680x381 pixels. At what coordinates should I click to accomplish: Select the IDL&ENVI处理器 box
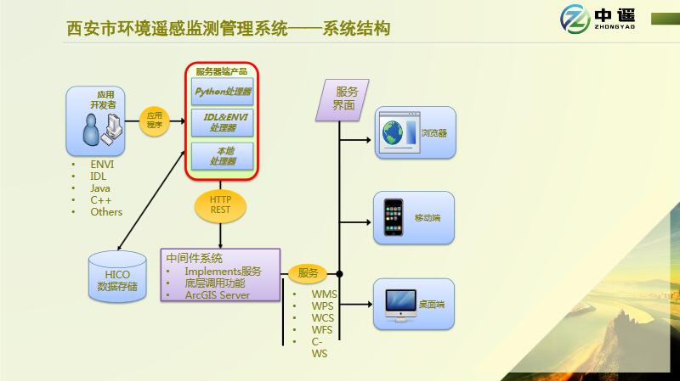(223, 123)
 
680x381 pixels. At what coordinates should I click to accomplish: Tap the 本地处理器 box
(223, 155)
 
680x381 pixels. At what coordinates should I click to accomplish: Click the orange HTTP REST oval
(221, 204)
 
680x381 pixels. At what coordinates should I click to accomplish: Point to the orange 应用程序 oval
(154, 120)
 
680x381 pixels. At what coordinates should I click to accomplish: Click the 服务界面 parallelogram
(344, 99)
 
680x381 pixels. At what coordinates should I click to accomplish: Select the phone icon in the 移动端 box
(393, 218)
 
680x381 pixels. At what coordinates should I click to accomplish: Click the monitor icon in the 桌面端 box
(399, 303)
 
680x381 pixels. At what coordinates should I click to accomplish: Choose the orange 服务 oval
(308, 273)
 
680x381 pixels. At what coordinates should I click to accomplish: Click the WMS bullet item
(325, 294)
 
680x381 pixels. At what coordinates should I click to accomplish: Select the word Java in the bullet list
(100, 188)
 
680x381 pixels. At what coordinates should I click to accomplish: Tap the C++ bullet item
(101, 200)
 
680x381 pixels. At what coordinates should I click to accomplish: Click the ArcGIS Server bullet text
(217, 295)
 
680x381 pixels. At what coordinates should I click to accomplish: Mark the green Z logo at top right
(576, 19)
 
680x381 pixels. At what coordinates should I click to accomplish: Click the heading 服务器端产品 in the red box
(221, 71)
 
